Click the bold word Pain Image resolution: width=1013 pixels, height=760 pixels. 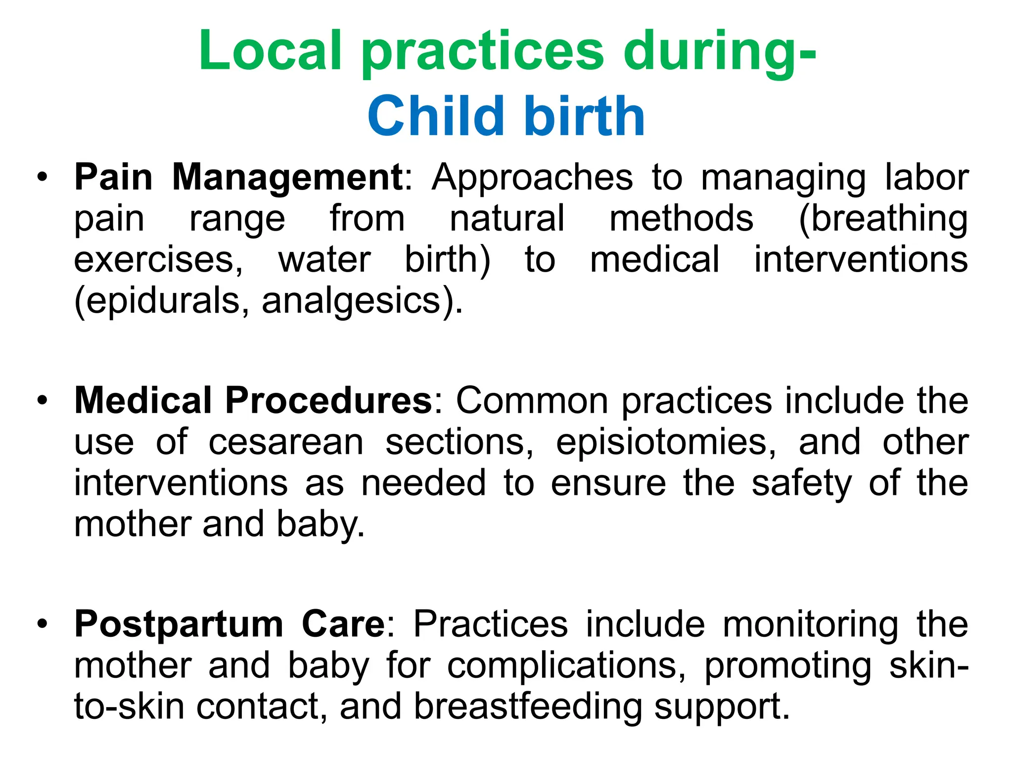click(x=113, y=177)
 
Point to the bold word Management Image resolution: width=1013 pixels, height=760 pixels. click(x=288, y=177)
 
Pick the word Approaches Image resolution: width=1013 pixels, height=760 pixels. click(x=532, y=177)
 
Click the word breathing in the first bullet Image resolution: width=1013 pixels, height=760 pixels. click(x=884, y=219)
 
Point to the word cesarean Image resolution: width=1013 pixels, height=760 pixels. click(x=286, y=442)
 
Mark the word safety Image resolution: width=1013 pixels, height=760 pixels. click(x=802, y=483)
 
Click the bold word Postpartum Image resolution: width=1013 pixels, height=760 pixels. click(x=179, y=624)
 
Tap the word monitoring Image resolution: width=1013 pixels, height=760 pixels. click(x=811, y=624)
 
